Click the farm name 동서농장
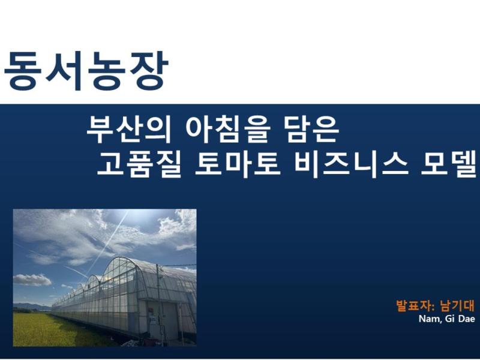(x=85, y=70)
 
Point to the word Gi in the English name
(x=448, y=319)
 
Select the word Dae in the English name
(x=466, y=319)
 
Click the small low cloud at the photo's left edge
(x=31, y=280)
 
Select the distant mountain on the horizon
(x=30, y=307)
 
